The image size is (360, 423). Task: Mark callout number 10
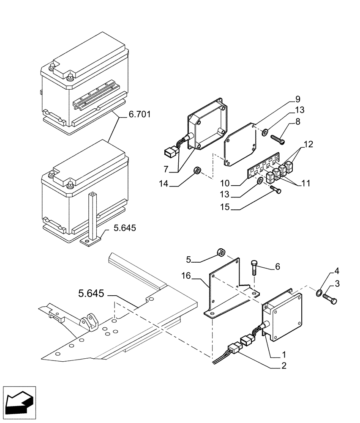228,183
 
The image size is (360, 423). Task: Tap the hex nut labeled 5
221,253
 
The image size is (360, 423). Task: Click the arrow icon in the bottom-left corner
19,400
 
